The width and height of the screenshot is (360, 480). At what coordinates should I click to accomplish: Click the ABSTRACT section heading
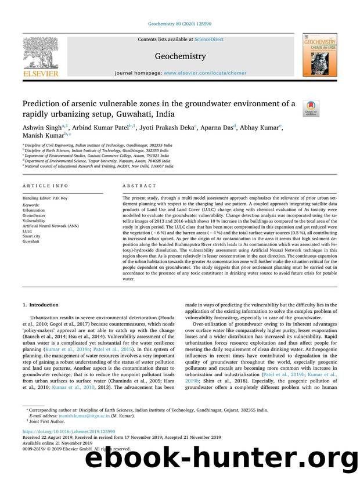pyautogui.click(x=139, y=186)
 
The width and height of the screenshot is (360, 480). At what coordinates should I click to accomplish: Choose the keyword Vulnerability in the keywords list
pyautogui.click(x=34, y=221)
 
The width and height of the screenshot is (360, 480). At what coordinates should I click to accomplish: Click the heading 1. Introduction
pyautogui.click(x=40, y=304)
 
